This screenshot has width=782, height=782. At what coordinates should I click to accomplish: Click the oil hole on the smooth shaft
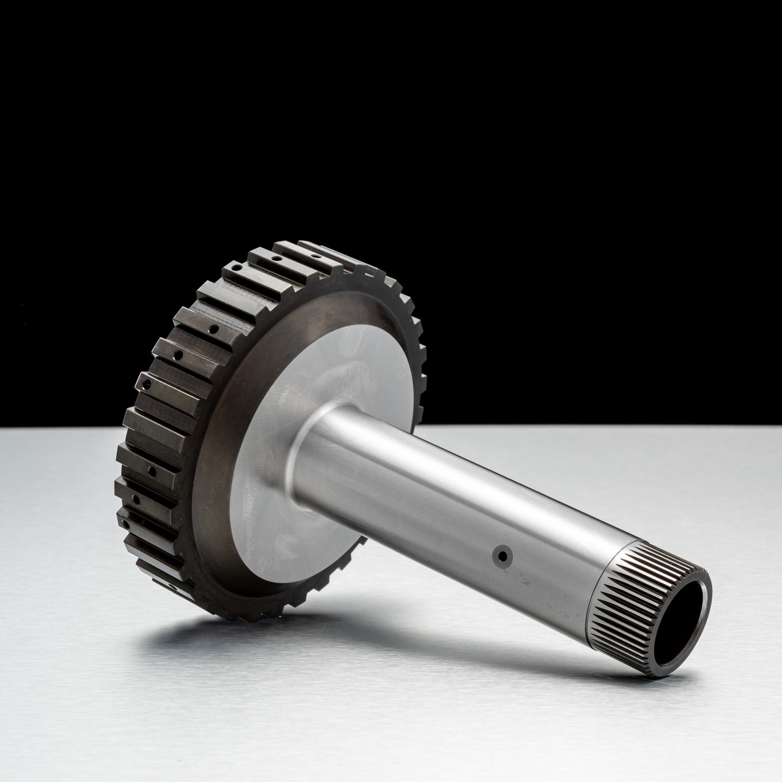502,555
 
